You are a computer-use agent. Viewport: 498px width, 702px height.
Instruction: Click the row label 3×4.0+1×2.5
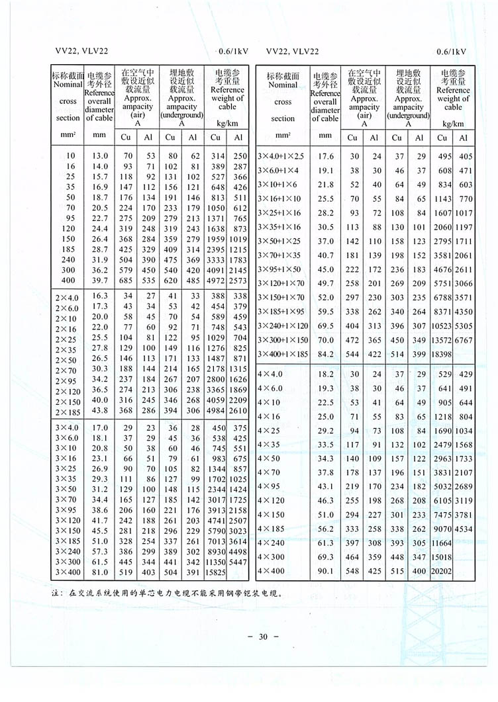pyautogui.click(x=281, y=157)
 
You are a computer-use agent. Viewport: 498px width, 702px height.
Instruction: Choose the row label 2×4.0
pyautogui.click(x=67, y=298)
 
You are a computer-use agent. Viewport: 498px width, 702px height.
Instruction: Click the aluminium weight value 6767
pyautogui.click(x=465, y=339)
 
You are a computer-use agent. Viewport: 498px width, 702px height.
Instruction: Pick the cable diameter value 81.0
pyautogui.click(x=100, y=571)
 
